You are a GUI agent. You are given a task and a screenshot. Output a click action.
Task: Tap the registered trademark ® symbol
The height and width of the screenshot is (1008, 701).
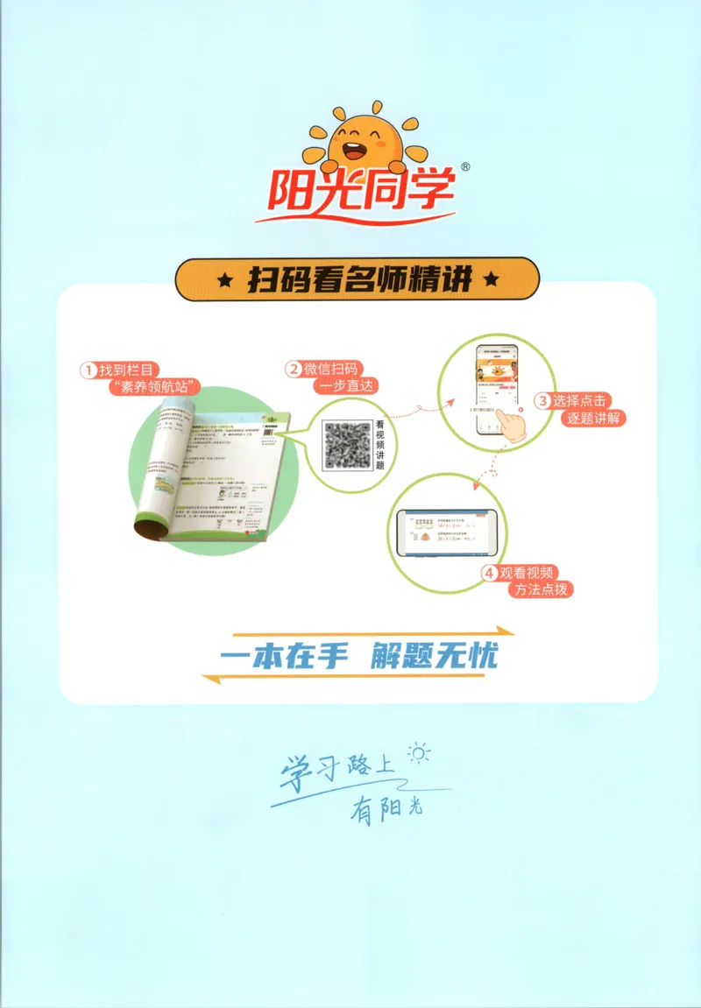465,166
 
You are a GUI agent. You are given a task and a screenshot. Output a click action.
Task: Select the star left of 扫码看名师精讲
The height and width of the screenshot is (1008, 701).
224,280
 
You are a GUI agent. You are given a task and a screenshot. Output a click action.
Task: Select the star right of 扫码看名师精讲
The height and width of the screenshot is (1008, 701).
491,280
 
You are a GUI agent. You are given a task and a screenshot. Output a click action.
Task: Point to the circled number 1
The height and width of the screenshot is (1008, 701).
88,370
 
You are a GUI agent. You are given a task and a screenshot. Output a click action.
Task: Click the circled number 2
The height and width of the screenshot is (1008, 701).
294,370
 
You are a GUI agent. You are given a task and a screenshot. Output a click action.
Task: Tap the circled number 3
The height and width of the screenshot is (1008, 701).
542,400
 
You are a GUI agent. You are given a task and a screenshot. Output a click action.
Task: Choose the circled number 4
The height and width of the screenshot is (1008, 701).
489,574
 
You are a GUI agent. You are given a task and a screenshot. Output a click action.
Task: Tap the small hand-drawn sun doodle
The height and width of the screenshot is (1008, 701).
420,753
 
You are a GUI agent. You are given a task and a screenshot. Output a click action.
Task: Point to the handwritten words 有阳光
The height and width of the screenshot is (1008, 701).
386,809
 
